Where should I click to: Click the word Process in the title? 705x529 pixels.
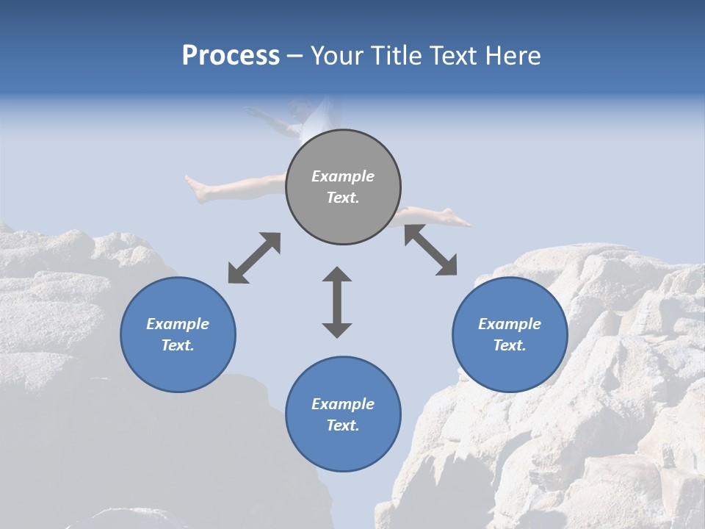tap(231, 56)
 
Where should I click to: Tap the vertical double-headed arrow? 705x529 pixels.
tap(337, 302)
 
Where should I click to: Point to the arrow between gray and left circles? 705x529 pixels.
tap(254, 258)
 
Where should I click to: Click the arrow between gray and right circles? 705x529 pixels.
tap(430, 250)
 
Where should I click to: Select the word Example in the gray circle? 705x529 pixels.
tap(343, 176)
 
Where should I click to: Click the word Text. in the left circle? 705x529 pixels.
tap(178, 345)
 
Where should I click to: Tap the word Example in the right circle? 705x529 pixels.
tap(510, 324)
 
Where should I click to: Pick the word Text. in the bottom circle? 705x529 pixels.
tap(343, 425)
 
